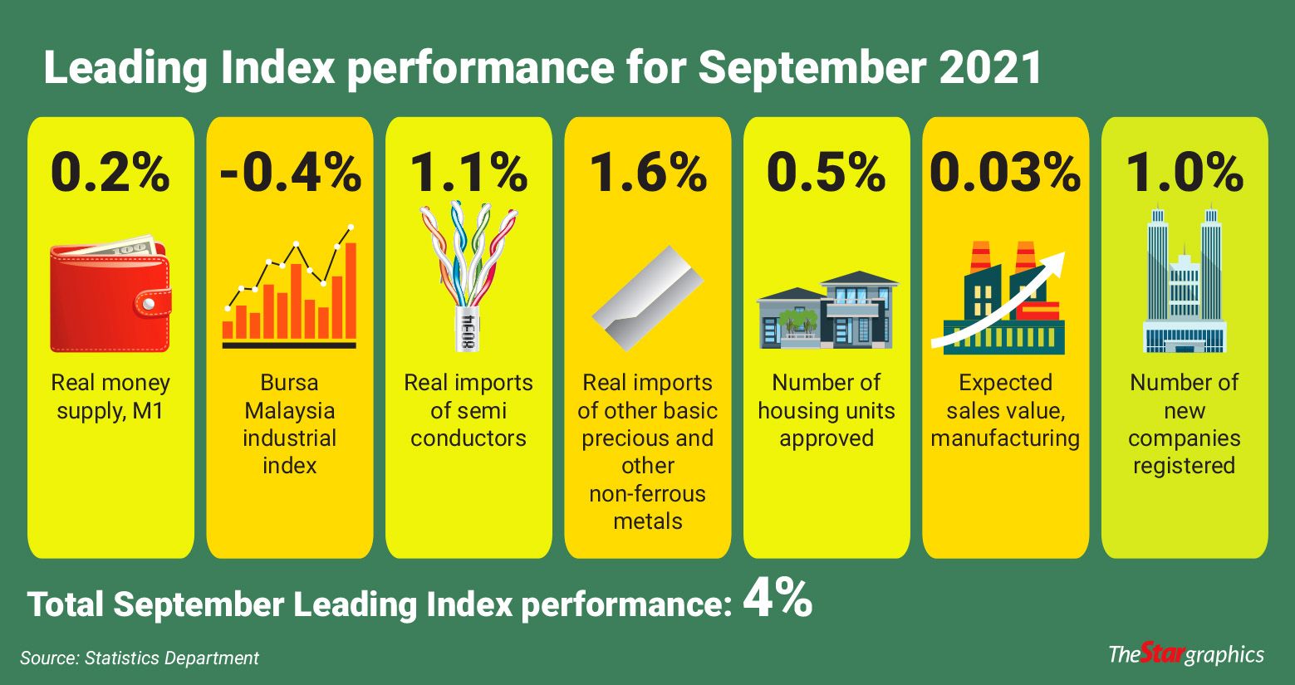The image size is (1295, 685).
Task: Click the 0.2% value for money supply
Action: [110, 172]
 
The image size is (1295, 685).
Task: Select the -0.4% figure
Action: [290, 172]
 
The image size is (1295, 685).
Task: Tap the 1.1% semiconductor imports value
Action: [468, 172]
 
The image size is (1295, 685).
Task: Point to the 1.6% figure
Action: [648, 172]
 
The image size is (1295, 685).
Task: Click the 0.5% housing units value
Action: [827, 172]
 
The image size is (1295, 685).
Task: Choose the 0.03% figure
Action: [1005, 172]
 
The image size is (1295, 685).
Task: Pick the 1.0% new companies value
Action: [1185, 172]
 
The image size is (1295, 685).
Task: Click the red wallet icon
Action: [110, 295]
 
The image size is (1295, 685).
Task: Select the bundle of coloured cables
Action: [468, 274]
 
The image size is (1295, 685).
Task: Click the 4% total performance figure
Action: [777, 599]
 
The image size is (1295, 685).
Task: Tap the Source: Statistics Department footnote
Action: [140, 658]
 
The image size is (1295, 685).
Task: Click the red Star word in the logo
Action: [1160, 653]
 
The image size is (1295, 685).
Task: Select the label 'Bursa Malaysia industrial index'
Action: [290, 423]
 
